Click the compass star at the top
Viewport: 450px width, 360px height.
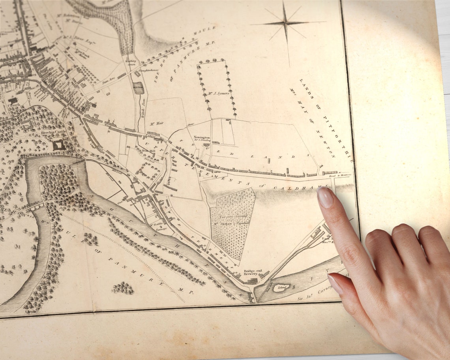pos(285,23)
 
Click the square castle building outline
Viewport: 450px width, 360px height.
pos(59,145)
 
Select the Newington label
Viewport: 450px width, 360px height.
pos(201,138)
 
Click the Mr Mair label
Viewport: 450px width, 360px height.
pos(157,124)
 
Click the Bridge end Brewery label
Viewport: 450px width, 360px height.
pos(251,272)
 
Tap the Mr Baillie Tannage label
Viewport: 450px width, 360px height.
pos(157,227)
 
